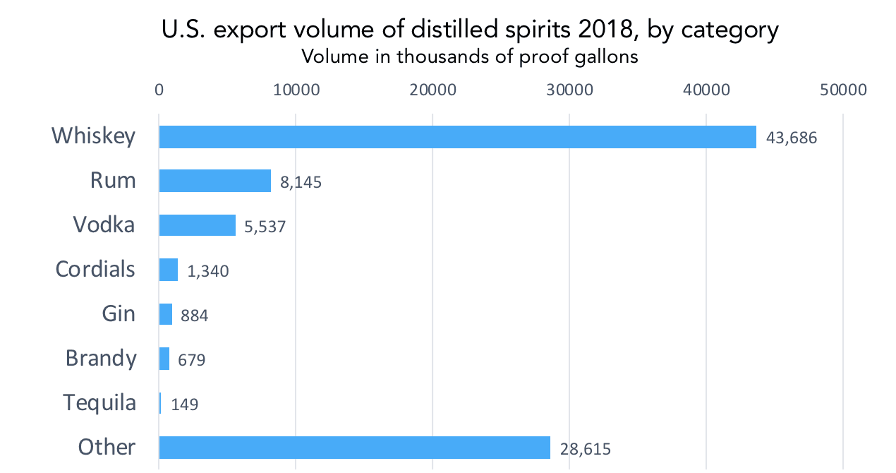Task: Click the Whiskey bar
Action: tap(457, 136)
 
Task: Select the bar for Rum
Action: tap(215, 181)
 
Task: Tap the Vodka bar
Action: tap(198, 225)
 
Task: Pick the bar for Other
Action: tap(354, 447)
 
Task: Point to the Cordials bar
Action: tap(169, 270)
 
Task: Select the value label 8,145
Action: tap(301, 182)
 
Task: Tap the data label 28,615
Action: tap(586, 448)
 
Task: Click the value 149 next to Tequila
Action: tap(185, 405)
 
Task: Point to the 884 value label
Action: tap(194, 315)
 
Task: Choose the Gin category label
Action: tap(119, 313)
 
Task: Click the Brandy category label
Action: tap(101, 358)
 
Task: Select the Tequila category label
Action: tap(99, 402)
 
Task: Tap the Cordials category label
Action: tap(95, 269)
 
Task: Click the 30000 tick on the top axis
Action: tap(569, 90)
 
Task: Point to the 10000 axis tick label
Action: tap(296, 90)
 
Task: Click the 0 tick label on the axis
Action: tap(159, 90)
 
